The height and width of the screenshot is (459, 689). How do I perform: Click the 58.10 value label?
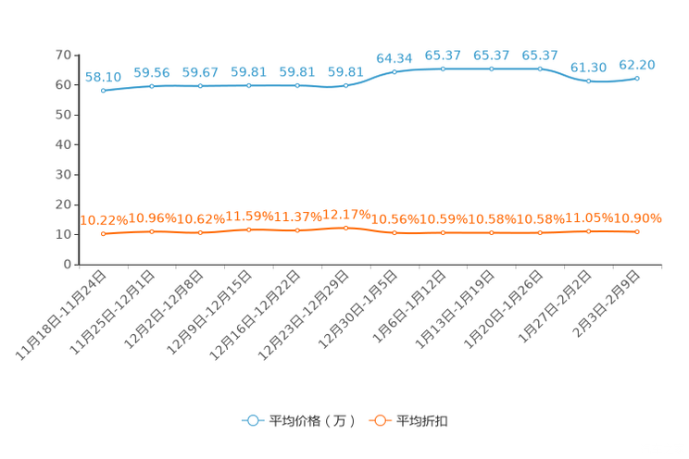(x=103, y=78)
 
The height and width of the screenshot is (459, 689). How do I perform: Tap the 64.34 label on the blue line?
(x=395, y=58)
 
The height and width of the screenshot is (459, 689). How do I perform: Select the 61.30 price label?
(x=588, y=68)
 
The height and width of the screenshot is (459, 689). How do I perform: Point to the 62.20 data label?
(x=637, y=65)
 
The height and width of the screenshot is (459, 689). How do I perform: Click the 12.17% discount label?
(x=346, y=215)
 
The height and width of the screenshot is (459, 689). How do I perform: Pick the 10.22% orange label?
(x=104, y=220)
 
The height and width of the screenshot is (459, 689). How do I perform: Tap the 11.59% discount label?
(x=249, y=217)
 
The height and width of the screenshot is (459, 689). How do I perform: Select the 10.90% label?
(x=637, y=218)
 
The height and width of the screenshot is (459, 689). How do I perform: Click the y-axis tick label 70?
(x=63, y=55)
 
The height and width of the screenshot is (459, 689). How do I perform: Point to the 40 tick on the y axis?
(x=63, y=144)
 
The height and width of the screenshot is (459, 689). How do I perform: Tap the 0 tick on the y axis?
(x=68, y=265)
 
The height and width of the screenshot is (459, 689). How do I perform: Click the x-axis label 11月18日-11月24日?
(x=61, y=315)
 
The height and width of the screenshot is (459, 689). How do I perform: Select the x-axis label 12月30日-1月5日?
(x=357, y=309)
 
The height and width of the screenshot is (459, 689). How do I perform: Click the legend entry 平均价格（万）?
(x=299, y=421)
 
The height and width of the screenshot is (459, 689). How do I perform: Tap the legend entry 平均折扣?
(x=408, y=421)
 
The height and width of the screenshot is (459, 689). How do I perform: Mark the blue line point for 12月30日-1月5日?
(x=395, y=72)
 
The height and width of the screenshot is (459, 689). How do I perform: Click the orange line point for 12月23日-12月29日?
(x=345, y=228)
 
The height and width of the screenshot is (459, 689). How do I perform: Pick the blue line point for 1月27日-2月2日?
(x=588, y=81)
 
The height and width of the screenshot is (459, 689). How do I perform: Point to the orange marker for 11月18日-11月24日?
(x=104, y=234)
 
